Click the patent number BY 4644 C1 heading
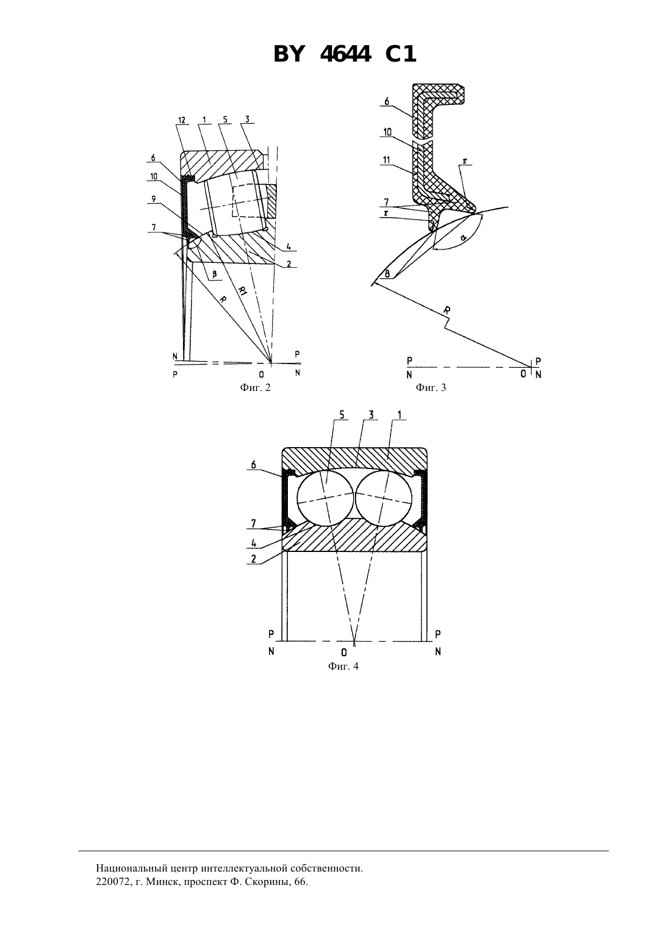pos(345,54)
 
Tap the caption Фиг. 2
pos(255,387)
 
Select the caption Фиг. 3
pos(431,387)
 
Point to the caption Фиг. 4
pos(343,666)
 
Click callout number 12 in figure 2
pos(182,120)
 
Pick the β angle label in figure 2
pos(215,274)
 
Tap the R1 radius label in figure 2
pos(243,291)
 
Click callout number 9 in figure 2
pos(153,199)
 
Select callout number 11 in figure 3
pos(386,160)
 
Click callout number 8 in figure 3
pos(387,274)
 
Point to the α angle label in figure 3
pos(463,238)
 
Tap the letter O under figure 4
pos(344,653)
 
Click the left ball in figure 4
pos(325,498)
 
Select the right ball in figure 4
pos(384,498)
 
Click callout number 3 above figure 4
pos(371,414)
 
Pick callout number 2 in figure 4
pos(253,559)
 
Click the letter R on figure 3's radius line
pos(446,310)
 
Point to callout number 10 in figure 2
pos(153,176)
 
